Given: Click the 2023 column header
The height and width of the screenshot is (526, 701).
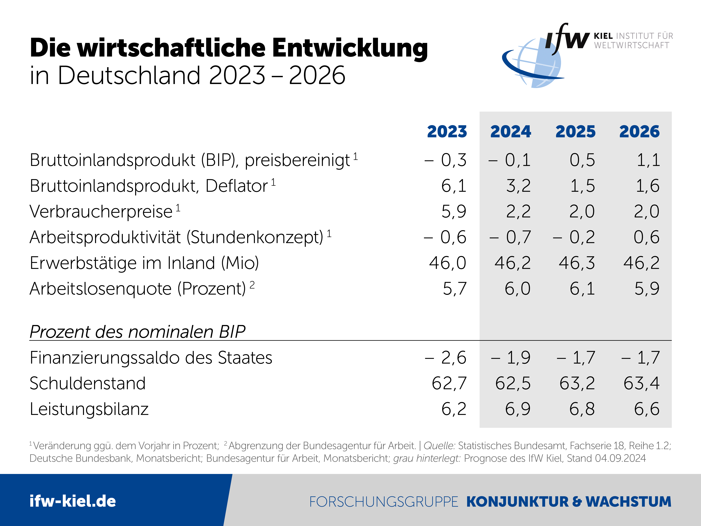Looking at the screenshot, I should point(447,132).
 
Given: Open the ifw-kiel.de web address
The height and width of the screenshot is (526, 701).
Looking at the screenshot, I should point(73,501).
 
